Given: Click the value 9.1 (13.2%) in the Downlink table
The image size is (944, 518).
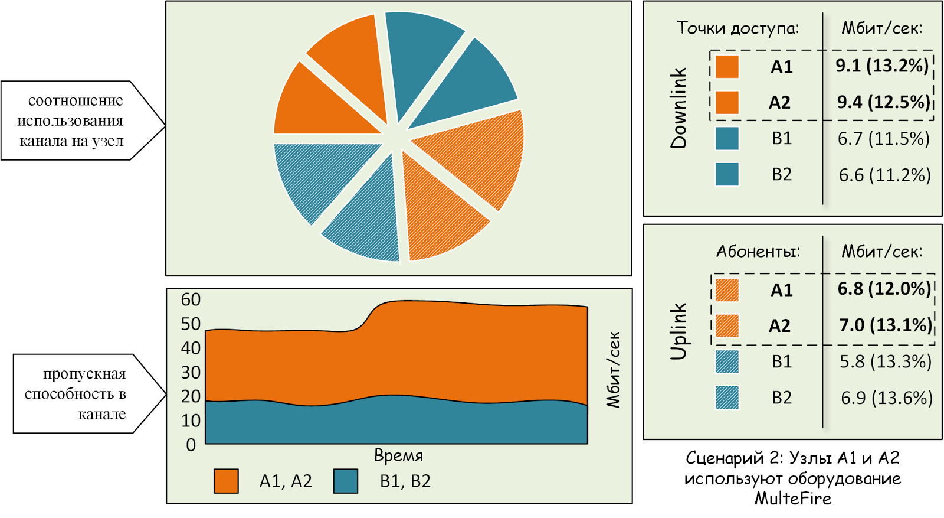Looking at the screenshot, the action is (x=882, y=66).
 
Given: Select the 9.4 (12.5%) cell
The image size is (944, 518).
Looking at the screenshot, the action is (x=884, y=103).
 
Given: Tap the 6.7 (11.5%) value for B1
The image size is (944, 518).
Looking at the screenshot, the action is (x=883, y=139).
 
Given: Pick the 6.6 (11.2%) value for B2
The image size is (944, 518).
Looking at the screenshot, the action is (x=884, y=175).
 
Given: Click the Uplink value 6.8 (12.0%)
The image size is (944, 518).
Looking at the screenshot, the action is (x=884, y=289).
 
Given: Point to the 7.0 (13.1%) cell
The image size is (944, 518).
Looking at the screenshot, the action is (x=886, y=325).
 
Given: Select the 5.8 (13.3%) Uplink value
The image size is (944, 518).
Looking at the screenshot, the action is (x=886, y=361).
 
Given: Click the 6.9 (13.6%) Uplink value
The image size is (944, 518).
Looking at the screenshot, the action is (x=887, y=398).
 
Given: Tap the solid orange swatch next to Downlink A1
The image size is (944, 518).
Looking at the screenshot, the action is (x=727, y=67).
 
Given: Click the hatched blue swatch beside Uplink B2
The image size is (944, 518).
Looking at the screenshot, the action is (x=727, y=398).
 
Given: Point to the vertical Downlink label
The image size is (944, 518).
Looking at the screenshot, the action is (x=678, y=108).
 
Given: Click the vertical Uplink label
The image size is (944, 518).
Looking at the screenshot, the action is (x=678, y=331).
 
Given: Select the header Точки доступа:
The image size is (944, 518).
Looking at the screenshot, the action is (x=738, y=28).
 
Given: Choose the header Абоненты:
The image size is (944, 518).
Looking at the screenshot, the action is (x=758, y=252).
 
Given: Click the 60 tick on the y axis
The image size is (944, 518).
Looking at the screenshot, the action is (x=191, y=299).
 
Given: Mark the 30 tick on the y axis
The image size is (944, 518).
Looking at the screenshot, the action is (x=191, y=373).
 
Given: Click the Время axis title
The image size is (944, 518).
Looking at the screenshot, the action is (x=399, y=455).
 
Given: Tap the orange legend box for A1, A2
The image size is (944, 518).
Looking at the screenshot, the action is (x=227, y=481).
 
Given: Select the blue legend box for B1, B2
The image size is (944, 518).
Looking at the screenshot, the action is (x=346, y=481).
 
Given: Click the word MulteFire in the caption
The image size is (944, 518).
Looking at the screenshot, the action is (x=793, y=499).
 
